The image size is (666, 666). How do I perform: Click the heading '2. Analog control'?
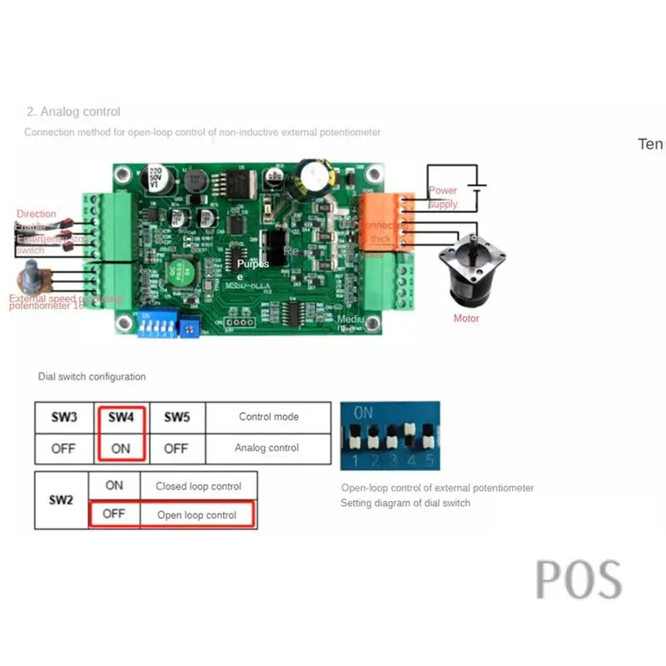(x=73, y=112)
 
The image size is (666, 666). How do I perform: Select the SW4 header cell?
(x=121, y=417)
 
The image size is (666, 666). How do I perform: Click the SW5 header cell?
(x=176, y=417)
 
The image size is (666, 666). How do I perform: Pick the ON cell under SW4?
(x=121, y=448)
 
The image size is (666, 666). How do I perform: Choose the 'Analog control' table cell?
(x=266, y=448)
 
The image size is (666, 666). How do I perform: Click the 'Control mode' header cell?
(x=268, y=417)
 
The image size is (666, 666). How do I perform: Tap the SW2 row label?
(x=62, y=500)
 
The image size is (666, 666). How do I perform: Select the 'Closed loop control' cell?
(x=198, y=486)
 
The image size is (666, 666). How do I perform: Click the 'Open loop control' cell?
(x=196, y=515)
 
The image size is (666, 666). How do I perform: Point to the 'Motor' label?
(x=466, y=318)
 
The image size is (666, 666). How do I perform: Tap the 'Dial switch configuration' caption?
(x=92, y=377)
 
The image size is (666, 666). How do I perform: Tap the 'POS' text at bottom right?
(x=579, y=579)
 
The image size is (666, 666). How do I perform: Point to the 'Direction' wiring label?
(x=37, y=214)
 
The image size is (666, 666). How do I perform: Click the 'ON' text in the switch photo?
(x=363, y=412)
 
